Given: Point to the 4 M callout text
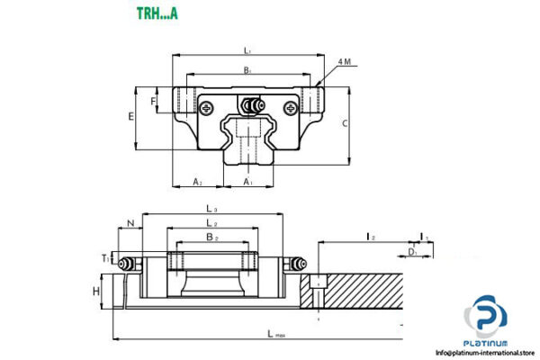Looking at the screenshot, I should click(345, 61).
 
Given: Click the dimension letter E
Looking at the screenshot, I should click(131, 117).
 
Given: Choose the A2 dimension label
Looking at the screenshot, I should click(198, 182).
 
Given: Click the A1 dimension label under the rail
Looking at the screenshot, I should click(248, 182).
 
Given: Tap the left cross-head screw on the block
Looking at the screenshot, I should click(210, 108).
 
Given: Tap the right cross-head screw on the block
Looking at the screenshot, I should click(290, 108).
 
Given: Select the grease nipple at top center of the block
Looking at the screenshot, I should click(250, 105).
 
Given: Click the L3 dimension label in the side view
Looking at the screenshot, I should click(211, 210).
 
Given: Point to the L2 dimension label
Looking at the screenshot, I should click(211, 223).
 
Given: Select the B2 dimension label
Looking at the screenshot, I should click(211, 238).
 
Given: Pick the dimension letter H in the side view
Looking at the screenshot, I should click(95, 291).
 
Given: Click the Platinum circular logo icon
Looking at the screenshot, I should click(485, 319).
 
